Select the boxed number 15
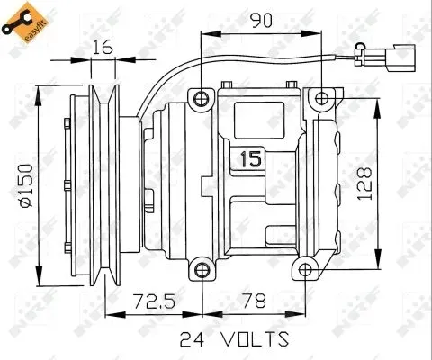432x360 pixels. (251, 160)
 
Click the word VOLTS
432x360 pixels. (248, 339)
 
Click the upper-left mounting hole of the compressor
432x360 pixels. (202, 97)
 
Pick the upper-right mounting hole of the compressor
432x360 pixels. (321, 97)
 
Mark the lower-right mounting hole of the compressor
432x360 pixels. (308, 268)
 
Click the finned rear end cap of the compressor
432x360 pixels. (330, 184)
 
